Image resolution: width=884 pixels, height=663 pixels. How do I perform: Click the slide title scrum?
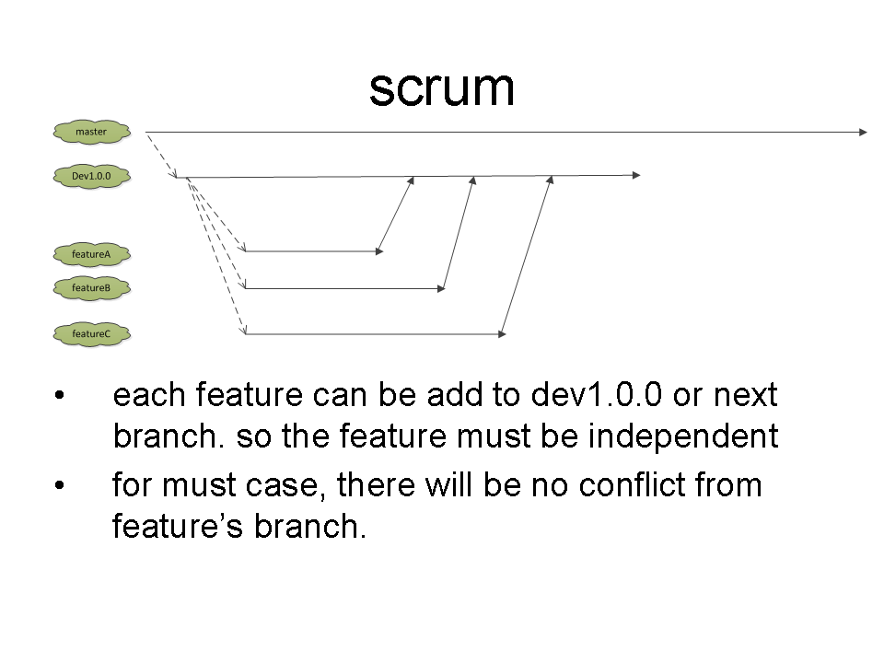coord(441,88)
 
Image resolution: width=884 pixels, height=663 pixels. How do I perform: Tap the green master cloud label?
coord(92,132)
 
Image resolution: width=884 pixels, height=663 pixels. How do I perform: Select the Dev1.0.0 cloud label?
coord(92,177)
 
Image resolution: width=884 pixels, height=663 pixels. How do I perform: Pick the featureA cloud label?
coord(92,254)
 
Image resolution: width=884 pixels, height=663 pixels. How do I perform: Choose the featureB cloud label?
coord(92,288)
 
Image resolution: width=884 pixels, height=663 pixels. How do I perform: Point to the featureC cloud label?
coord(92,333)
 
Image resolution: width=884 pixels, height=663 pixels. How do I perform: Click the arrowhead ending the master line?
coord(863,132)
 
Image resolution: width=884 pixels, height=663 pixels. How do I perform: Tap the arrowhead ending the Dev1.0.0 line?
coord(636,175)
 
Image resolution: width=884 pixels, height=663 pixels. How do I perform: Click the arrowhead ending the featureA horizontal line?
coord(379,251)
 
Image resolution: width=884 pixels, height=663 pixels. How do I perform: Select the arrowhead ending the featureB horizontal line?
coord(441,288)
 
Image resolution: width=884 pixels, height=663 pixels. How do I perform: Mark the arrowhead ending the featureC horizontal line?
coord(503,334)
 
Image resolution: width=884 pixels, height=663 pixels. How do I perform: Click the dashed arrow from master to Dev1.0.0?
coord(161,155)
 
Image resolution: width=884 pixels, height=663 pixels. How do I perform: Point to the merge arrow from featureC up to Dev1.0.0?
coord(527,255)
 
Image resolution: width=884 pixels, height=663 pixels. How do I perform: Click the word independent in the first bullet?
coord(683,436)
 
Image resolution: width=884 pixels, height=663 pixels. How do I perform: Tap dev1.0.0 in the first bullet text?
coord(597,394)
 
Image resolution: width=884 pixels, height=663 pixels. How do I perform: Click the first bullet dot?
coord(60,395)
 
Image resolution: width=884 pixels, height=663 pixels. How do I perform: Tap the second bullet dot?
coord(60,485)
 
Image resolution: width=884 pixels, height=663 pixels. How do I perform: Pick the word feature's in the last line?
coord(178,526)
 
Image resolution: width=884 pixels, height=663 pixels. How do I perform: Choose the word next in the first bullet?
coord(746,395)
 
